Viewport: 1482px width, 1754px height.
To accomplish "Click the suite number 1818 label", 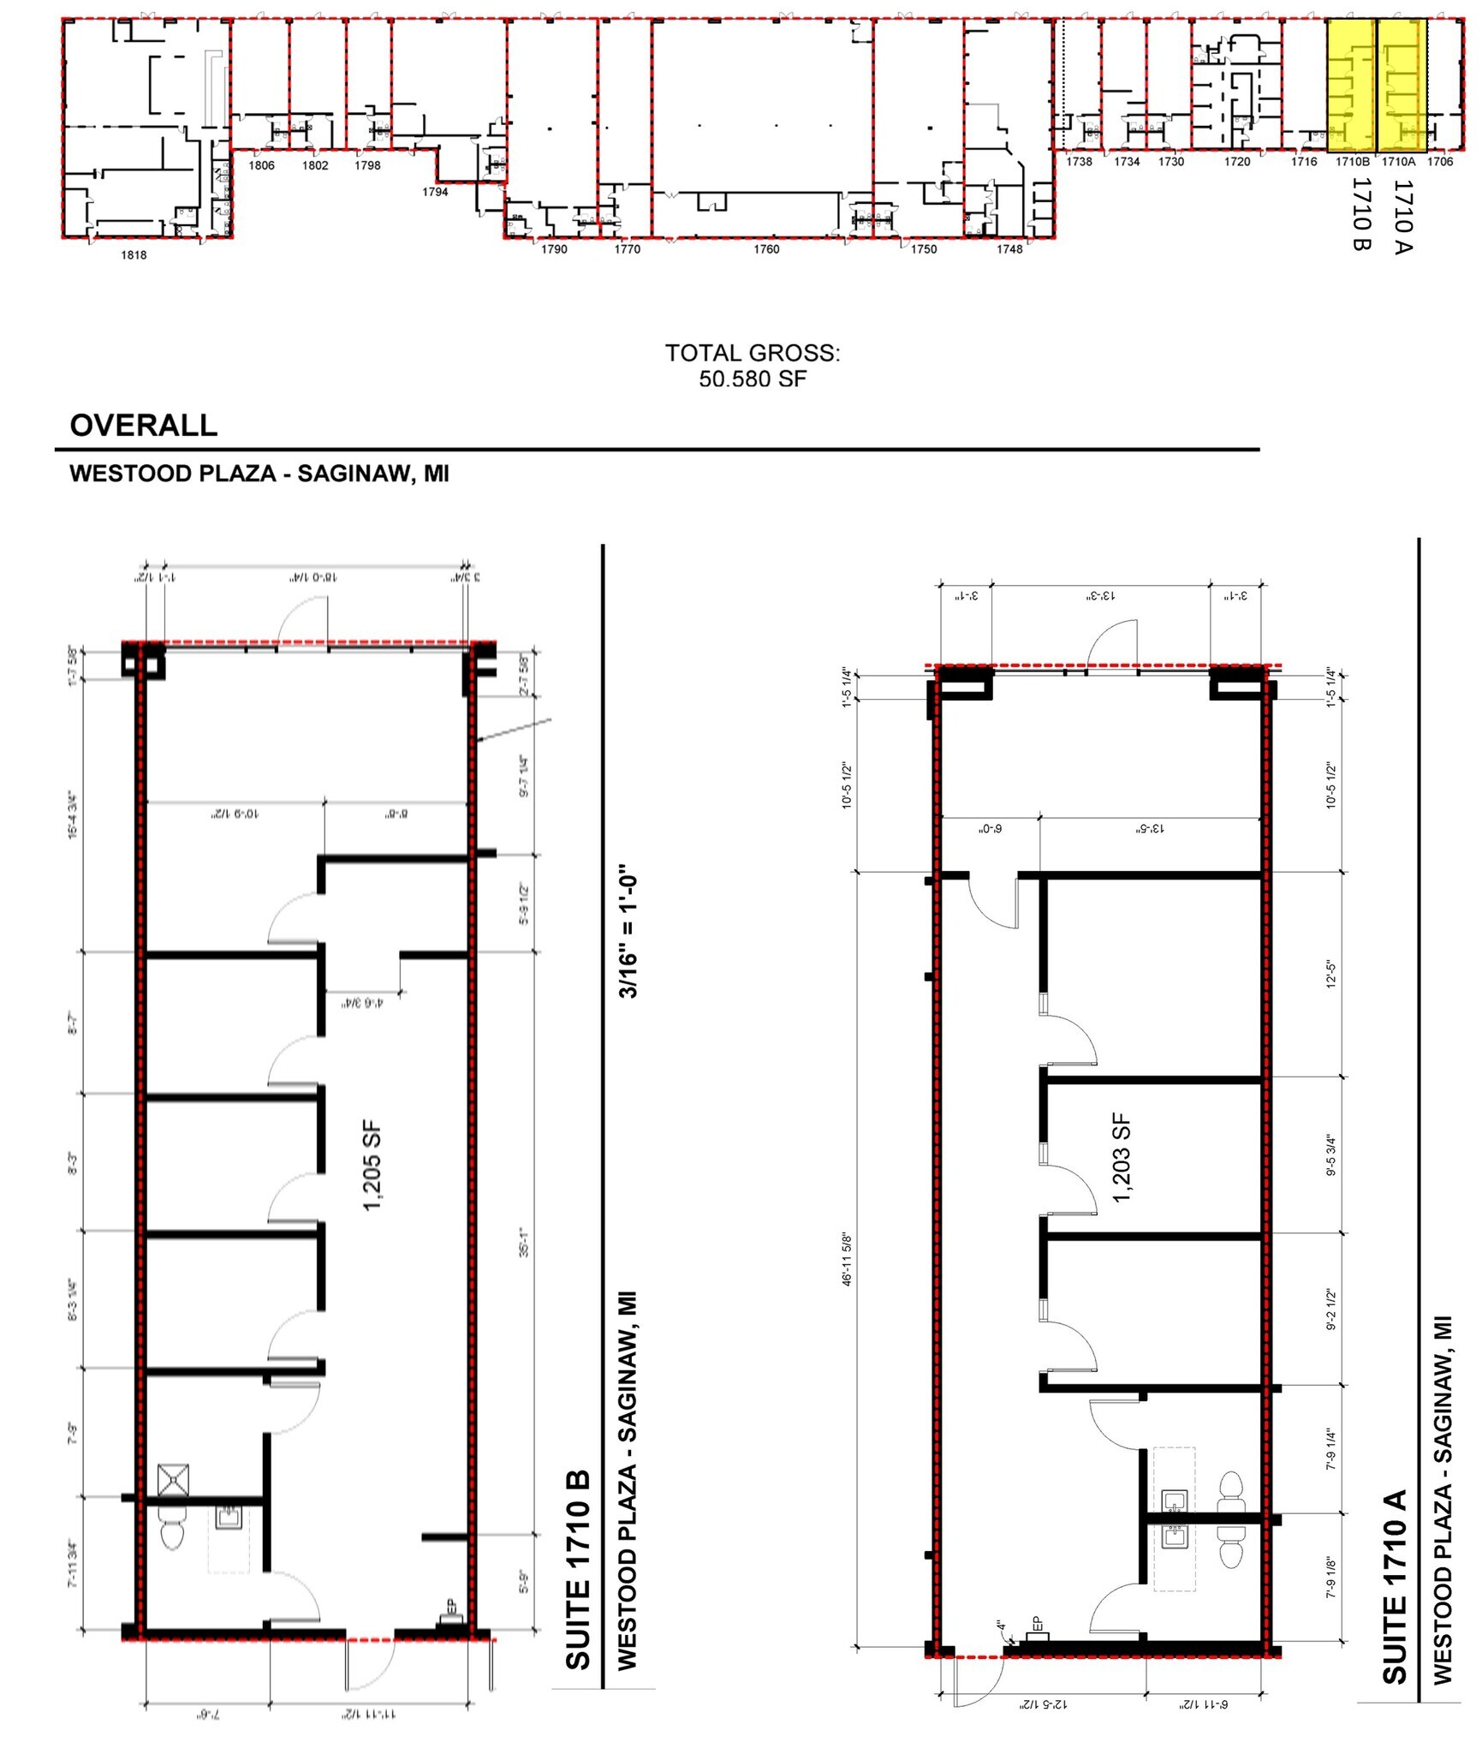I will (134, 254).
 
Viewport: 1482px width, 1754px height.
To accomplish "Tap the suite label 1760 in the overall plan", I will (766, 249).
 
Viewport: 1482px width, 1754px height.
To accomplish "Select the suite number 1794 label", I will (435, 192).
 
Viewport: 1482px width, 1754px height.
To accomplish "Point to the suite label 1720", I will (1236, 162).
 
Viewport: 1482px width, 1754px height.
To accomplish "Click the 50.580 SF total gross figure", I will (753, 379).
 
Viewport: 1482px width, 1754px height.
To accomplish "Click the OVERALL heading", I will (143, 426).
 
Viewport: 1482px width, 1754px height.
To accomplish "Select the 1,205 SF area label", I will (373, 1166).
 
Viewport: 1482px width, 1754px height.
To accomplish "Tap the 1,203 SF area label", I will (1122, 1158).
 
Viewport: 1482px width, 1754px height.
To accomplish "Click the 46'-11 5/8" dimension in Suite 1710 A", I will (848, 1259).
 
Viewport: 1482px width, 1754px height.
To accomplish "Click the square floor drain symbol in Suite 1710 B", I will (173, 1480).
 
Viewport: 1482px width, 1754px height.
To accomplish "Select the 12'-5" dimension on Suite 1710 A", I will (1330, 974).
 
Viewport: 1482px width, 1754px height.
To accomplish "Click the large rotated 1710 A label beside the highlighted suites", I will (1403, 216).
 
